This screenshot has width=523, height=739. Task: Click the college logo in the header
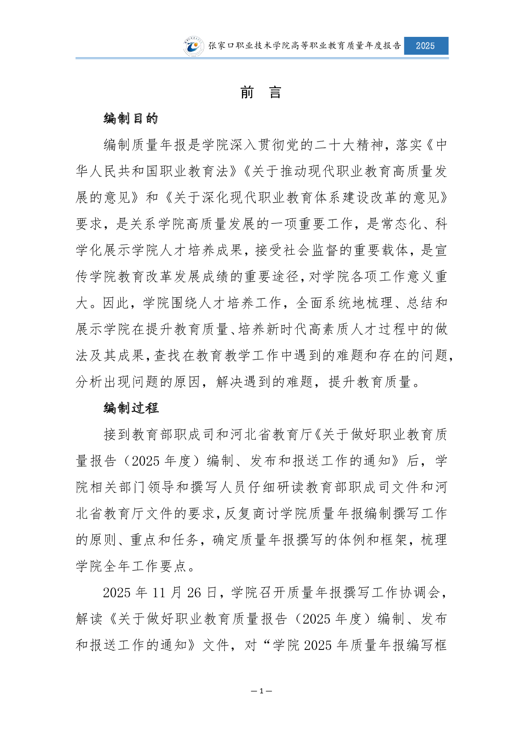[x=194, y=46]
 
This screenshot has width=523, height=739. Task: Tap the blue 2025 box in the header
[x=426, y=46]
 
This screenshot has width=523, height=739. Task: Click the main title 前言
[x=261, y=93]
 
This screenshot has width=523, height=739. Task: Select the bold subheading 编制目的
[x=131, y=118]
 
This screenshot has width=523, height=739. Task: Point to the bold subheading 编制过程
[x=131, y=408]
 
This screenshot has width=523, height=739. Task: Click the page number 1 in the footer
[x=261, y=691]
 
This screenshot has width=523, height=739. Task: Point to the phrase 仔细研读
[x=275, y=487]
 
